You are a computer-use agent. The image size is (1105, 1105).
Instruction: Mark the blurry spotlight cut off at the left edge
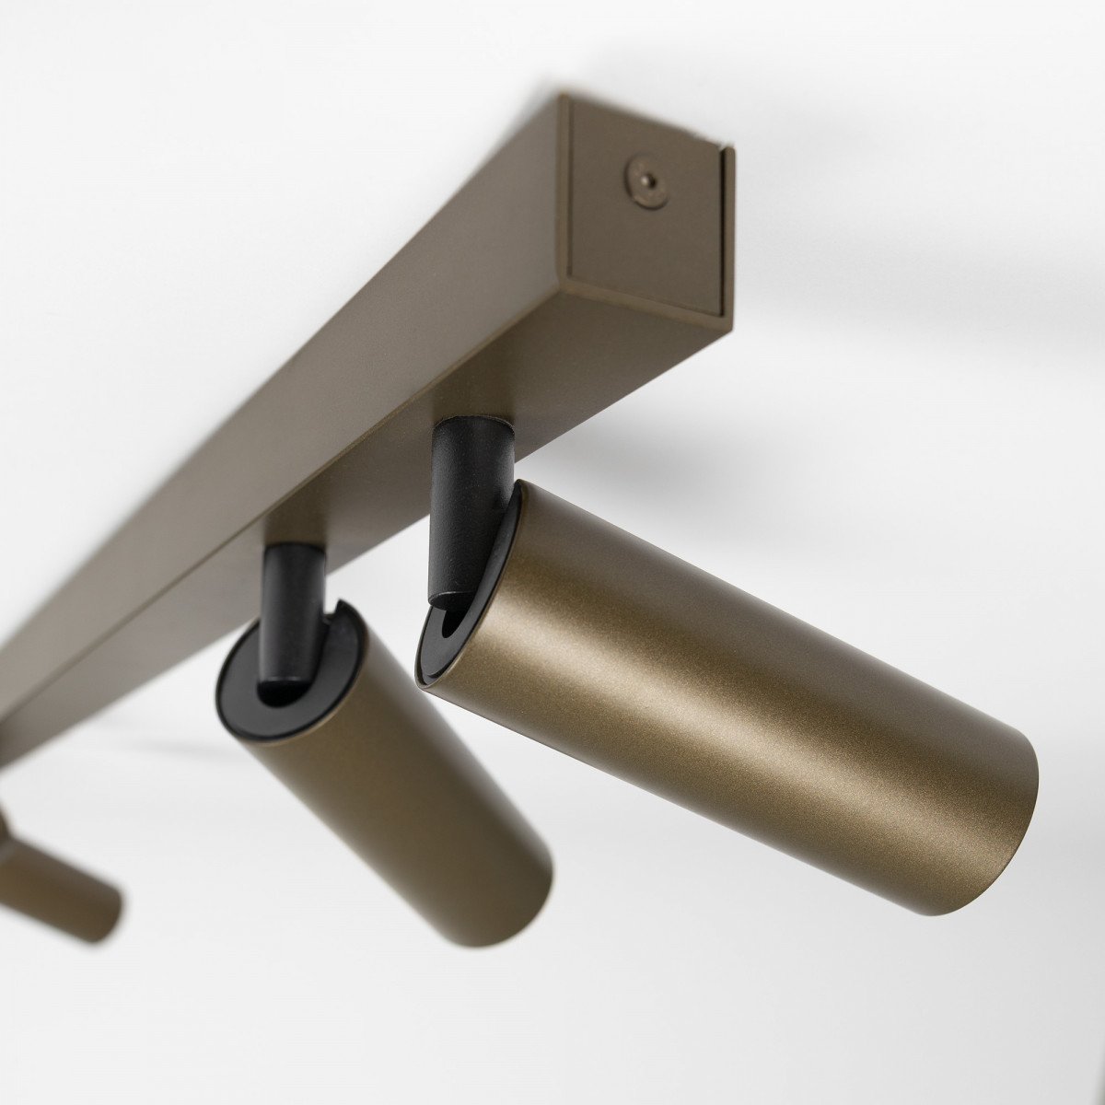pos(55,884)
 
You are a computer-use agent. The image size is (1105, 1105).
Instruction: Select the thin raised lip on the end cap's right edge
pos(727,230)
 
